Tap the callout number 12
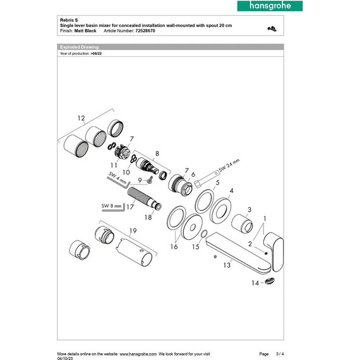pyautogui.click(x=80, y=117)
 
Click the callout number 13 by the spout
pyautogui.click(x=226, y=266)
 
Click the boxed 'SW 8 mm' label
pyautogui.click(x=112, y=205)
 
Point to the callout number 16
pyautogui.click(x=173, y=246)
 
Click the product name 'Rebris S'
pyautogui.click(x=66, y=20)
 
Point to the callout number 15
pyautogui.click(x=196, y=246)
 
